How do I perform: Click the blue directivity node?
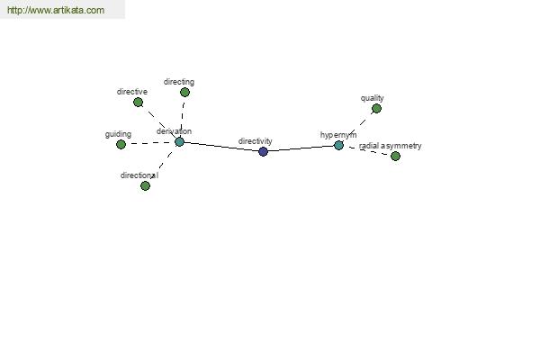263,151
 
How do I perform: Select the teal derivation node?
179,141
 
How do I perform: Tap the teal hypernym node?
338,146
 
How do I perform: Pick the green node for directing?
184,93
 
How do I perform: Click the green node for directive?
138,103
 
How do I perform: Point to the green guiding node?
121,144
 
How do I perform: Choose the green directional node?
145,186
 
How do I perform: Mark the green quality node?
377,109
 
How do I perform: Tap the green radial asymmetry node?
395,157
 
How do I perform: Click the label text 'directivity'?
256,141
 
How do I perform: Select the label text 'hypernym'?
338,135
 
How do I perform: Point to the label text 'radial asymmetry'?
391,146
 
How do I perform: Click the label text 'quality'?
373,98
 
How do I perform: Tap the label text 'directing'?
179,82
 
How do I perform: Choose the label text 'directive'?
132,92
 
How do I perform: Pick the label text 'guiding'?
118,134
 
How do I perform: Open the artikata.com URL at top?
56,10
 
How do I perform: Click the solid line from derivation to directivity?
221,147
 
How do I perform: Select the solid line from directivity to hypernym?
301,148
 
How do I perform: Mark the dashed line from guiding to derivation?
150,143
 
